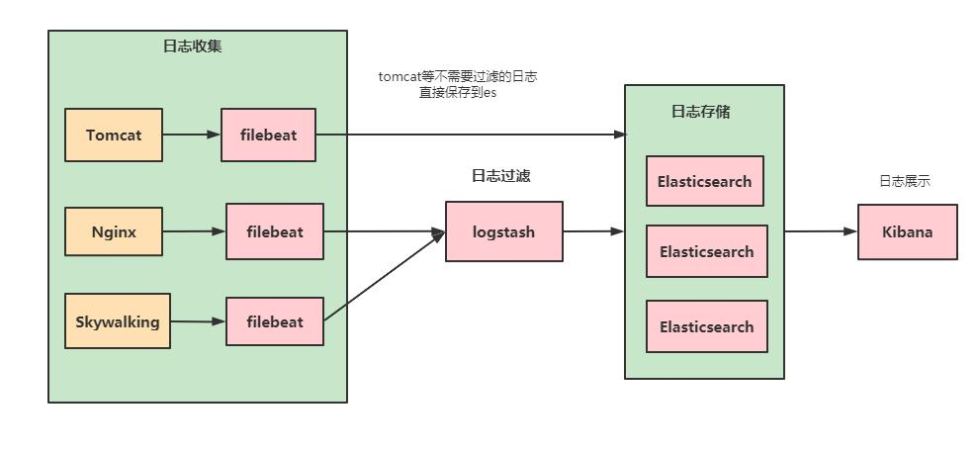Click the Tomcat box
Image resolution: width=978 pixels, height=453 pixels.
click(114, 135)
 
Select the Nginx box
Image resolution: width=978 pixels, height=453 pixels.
click(114, 232)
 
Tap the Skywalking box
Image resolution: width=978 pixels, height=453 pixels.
click(117, 320)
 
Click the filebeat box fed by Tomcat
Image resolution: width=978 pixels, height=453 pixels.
click(268, 135)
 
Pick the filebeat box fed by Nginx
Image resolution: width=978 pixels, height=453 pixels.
click(275, 232)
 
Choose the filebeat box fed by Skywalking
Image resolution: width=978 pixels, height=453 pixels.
click(275, 321)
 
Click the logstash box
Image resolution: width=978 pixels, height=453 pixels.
click(503, 231)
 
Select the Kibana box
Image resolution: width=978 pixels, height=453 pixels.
click(907, 231)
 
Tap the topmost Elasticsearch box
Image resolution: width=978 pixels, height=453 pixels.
click(704, 181)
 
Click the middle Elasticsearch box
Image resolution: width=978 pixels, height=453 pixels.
click(706, 251)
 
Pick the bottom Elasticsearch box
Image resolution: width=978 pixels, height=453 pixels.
click(706, 326)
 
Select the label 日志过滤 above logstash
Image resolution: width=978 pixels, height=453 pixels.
click(501, 176)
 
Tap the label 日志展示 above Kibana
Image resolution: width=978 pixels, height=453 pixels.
click(905, 181)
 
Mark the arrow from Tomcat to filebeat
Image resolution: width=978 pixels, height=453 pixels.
click(192, 134)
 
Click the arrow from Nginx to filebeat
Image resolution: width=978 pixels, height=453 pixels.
click(194, 232)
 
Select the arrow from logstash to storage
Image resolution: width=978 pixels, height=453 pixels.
click(593, 231)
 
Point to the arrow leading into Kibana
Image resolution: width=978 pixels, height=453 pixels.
click(821, 231)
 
